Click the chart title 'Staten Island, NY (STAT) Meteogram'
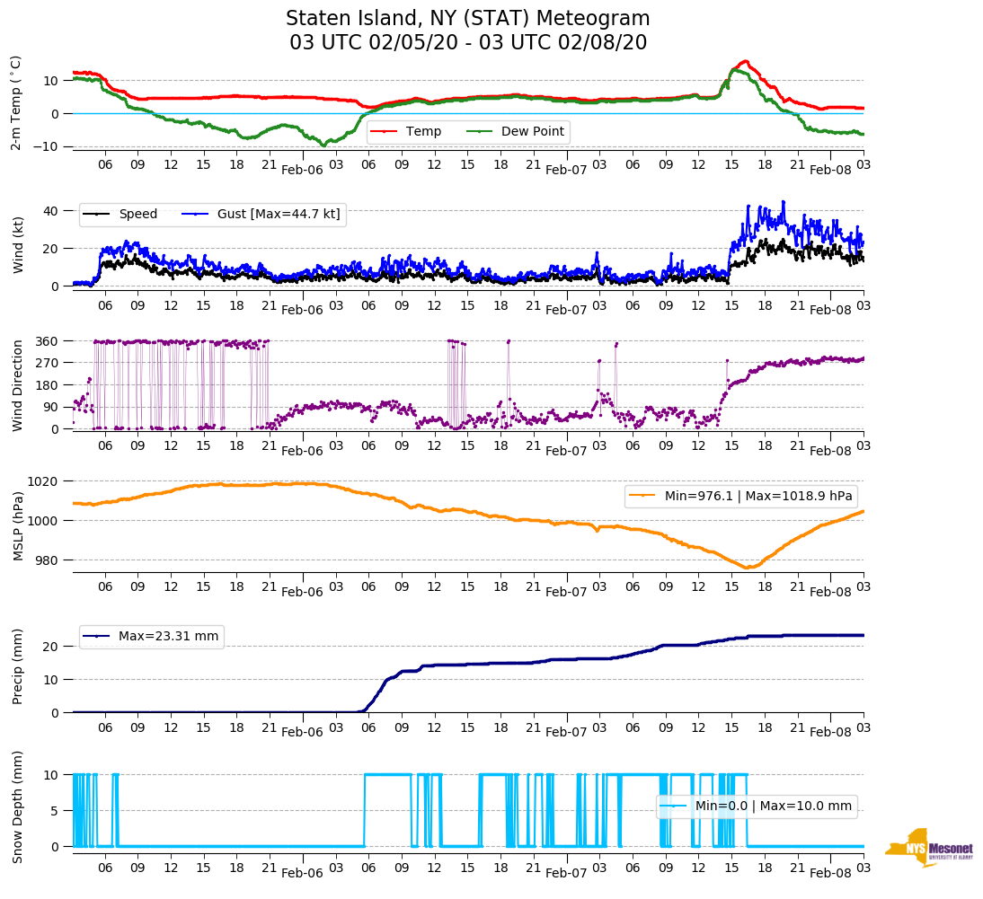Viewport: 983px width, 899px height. pyautogui.click(x=467, y=19)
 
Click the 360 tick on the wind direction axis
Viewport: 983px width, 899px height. pyautogui.click(x=47, y=341)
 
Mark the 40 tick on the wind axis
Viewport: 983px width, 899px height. pyautogui.click(x=51, y=211)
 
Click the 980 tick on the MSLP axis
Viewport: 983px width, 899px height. pyautogui.click(x=47, y=560)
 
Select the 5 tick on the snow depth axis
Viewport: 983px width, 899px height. pyautogui.click(x=55, y=811)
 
